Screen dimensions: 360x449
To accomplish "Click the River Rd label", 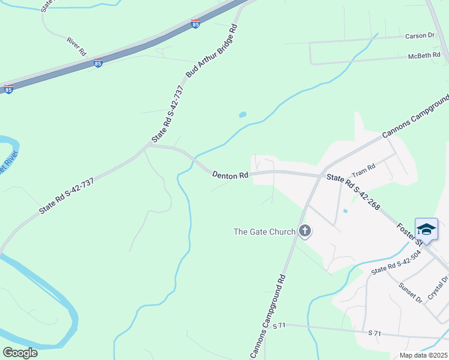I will tap(77, 47).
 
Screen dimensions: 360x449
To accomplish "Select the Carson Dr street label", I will tap(420, 36).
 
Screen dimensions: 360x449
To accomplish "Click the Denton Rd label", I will tap(230, 175).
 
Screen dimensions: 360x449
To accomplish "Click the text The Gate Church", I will tap(264, 232).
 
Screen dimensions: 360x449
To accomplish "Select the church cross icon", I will tap(305, 231).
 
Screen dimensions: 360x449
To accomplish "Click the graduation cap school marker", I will tap(426, 230).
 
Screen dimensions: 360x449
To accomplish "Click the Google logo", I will tap(20, 352).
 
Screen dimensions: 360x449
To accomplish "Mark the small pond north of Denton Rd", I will tap(243, 115).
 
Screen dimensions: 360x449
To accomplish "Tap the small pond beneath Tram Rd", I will tap(345, 211).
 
